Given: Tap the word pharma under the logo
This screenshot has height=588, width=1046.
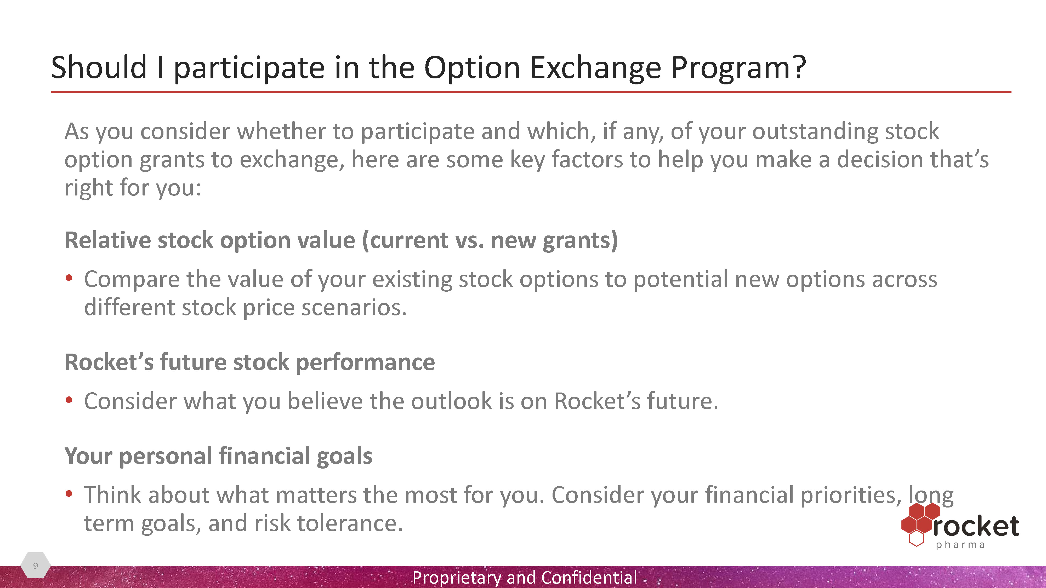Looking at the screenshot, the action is [960, 545].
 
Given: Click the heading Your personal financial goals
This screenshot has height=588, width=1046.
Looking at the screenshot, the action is [218, 456].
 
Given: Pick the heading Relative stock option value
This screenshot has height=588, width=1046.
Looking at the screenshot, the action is [341, 240].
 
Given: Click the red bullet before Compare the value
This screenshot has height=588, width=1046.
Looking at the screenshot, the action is [69, 278].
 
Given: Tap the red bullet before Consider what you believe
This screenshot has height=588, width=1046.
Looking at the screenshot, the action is [69, 400].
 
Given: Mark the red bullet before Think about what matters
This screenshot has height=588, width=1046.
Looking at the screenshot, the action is [69, 494].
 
